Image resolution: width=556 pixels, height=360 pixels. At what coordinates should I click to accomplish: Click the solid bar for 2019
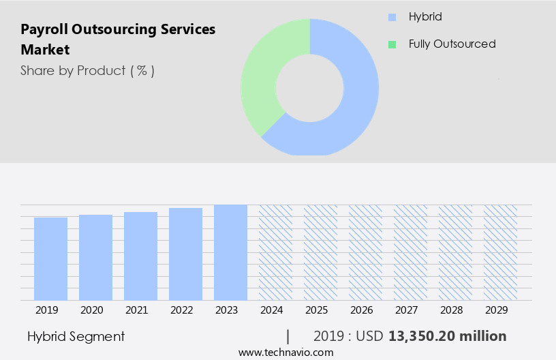click(50, 259)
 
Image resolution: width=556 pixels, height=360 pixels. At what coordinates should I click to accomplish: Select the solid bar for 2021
click(140, 256)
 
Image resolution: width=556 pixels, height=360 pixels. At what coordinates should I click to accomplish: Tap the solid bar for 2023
click(230, 252)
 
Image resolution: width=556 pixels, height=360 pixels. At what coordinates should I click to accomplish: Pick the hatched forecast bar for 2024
click(275, 252)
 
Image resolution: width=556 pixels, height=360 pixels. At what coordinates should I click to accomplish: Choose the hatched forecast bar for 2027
click(410, 252)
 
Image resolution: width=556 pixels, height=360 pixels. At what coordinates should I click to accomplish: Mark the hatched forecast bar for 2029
click(500, 252)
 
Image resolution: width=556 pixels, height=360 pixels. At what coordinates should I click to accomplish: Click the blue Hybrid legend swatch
click(392, 17)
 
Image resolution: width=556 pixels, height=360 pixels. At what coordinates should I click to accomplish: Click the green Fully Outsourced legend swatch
click(392, 44)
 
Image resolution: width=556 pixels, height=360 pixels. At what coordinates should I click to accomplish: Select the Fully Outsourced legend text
click(452, 44)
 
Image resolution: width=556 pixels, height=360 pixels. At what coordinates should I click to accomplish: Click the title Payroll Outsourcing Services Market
click(117, 39)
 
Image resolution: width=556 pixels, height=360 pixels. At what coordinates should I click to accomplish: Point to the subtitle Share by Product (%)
click(87, 70)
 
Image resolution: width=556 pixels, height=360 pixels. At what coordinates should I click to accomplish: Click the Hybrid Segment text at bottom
click(76, 336)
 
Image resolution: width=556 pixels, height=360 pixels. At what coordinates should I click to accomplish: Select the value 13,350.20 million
click(447, 336)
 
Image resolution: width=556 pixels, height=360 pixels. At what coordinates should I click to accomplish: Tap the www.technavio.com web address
click(285, 352)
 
